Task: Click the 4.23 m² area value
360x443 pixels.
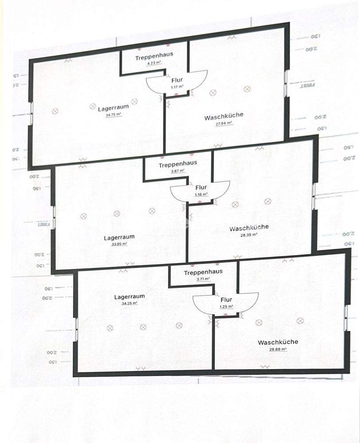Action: (154, 63)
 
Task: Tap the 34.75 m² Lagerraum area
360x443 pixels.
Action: (113, 114)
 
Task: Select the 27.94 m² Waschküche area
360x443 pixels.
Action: (224, 124)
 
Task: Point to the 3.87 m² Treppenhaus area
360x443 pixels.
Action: (177, 171)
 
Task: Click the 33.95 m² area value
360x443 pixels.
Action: (119, 244)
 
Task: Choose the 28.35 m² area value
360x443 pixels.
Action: (249, 235)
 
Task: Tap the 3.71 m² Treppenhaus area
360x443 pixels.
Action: (203, 279)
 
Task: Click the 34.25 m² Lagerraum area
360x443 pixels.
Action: (129, 303)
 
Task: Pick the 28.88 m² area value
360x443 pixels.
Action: (278, 349)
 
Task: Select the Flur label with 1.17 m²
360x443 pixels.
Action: (177, 80)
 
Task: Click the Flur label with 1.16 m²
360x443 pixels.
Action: (201, 188)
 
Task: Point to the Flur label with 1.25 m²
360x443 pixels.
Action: (226, 300)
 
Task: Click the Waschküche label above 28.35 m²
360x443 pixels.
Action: (249, 228)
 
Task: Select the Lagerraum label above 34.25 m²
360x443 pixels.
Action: (129, 297)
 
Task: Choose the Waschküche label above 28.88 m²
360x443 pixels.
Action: (278, 342)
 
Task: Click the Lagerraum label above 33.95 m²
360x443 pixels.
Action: (119, 237)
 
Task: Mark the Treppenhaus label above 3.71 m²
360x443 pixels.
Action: (203, 272)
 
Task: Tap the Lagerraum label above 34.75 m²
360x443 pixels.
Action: (113, 108)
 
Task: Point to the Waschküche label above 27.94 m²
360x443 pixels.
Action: (224, 117)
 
